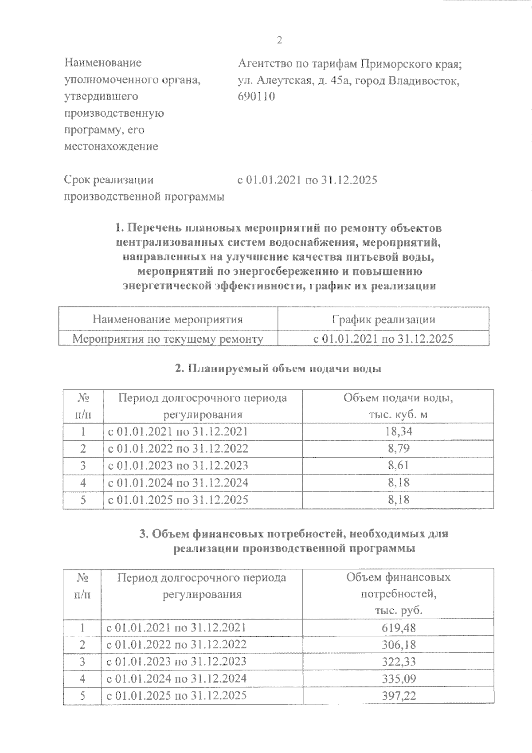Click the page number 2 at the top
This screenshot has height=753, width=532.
pos(279,40)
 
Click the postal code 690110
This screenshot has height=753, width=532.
pos(256,96)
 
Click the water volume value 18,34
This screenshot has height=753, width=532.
pos(398,431)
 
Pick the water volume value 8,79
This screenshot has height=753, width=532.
pos(398,448)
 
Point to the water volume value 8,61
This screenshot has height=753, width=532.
pos(398,465)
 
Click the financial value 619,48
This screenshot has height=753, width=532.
pos(398,627)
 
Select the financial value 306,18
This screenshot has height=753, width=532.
pos(398,644)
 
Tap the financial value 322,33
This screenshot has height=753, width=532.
pos(398,662)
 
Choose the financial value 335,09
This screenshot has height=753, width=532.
pos(398,678)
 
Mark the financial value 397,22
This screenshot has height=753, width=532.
pos(398,696)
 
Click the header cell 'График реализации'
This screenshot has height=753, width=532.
pos(383,319)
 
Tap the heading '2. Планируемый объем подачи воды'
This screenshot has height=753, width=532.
pos(278,369)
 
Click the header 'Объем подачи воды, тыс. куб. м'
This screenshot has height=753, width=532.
pos(398,406)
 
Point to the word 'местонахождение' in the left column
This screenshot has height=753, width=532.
pos(111,147)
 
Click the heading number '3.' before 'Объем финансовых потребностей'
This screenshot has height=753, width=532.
pos(144,534)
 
